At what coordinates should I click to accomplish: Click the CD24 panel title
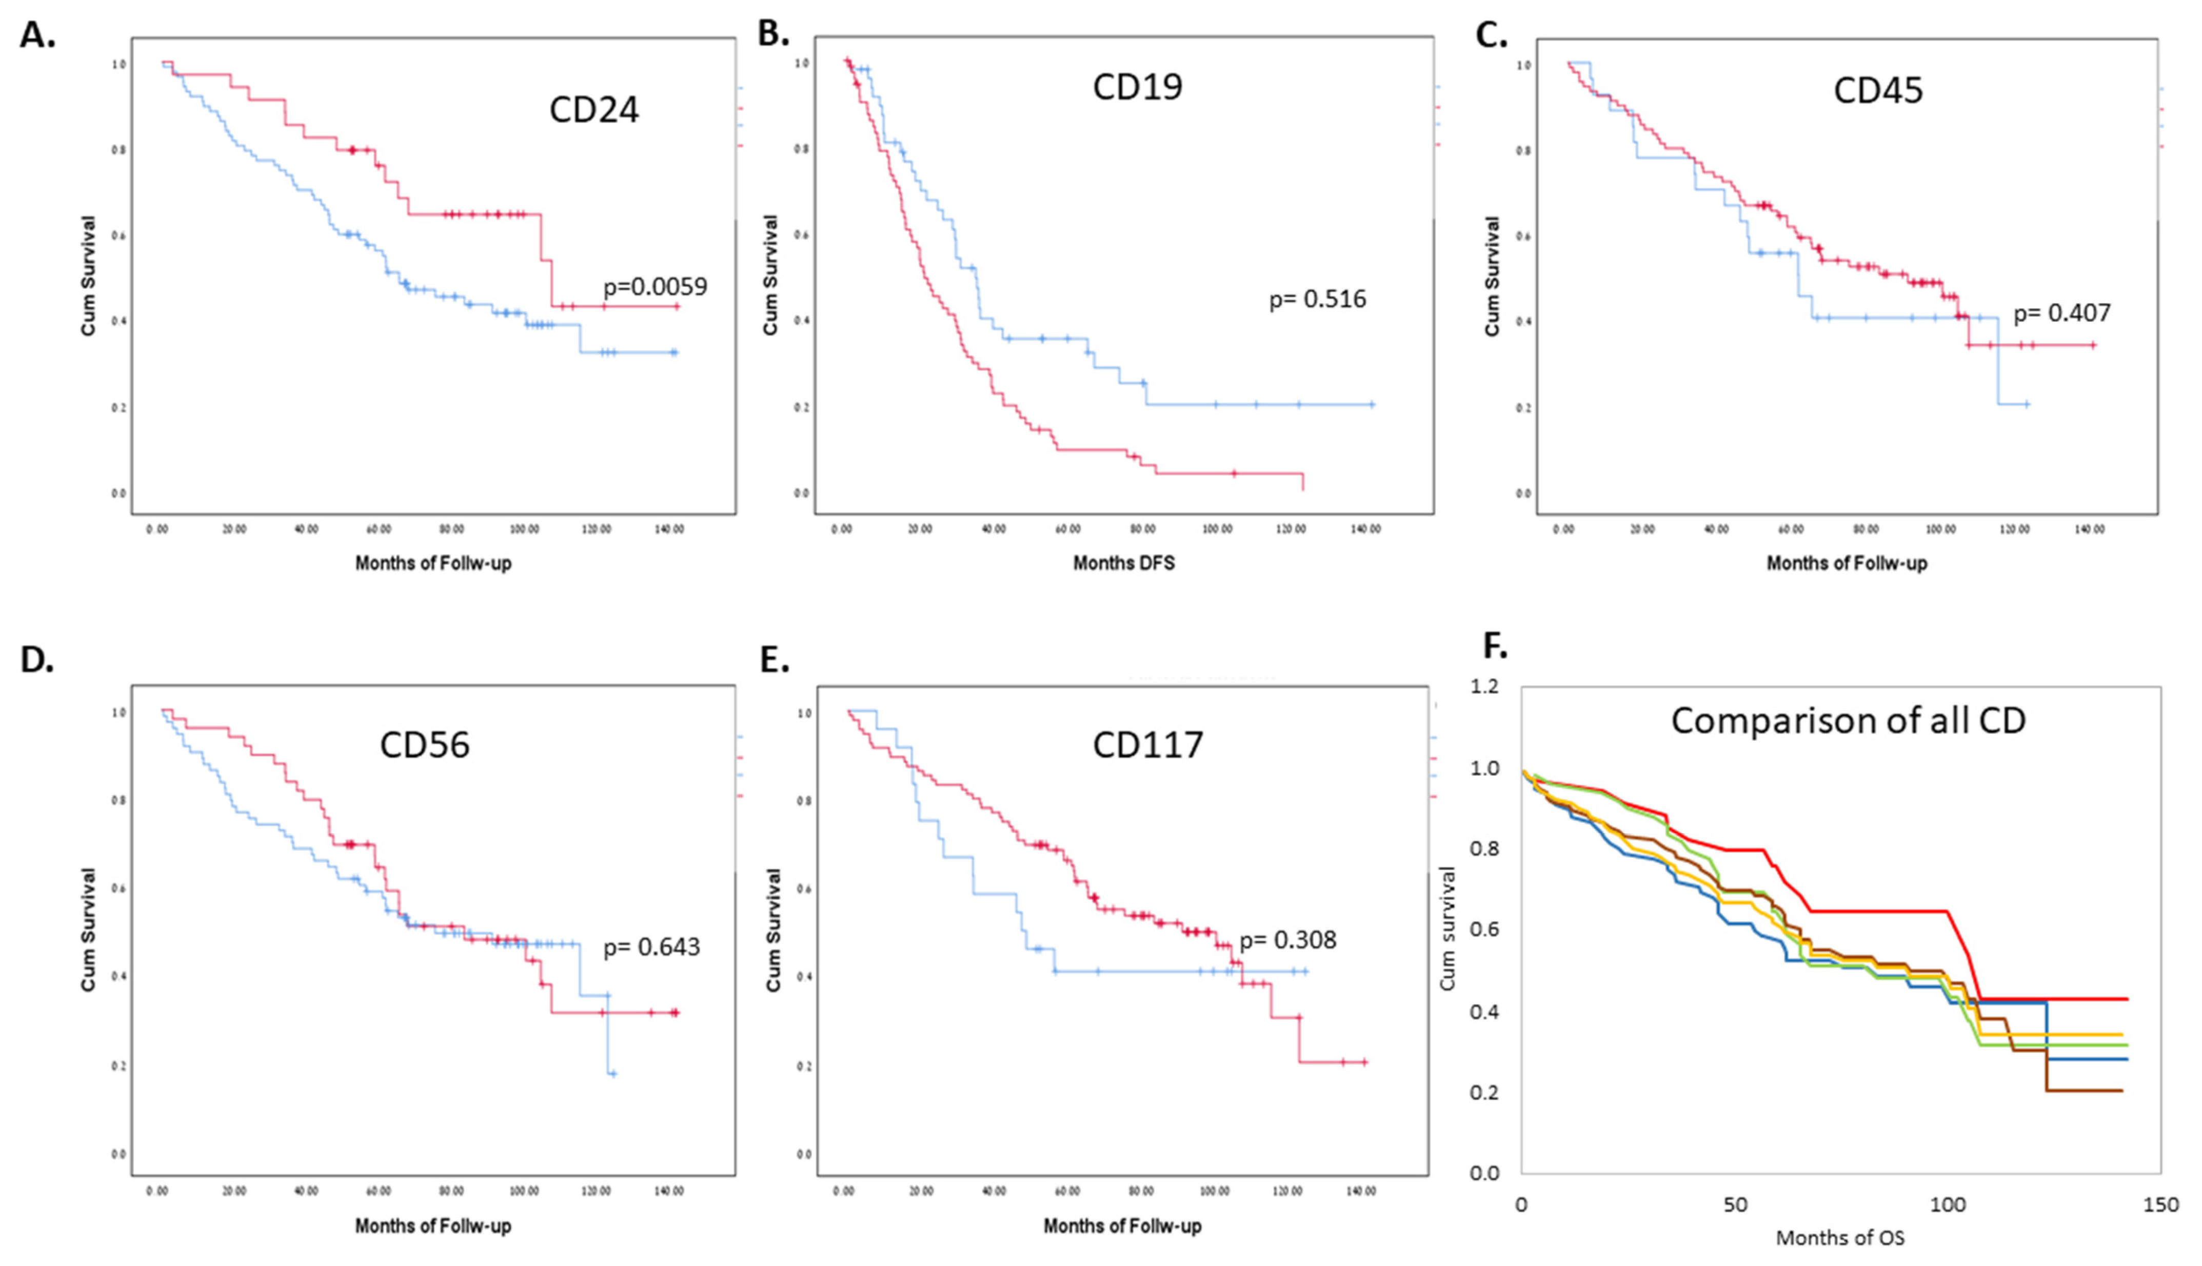[594, 110]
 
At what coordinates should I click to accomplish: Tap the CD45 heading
[1878, 90]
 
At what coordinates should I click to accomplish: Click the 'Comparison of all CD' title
[1848, 721]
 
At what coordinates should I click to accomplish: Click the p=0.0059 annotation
[656, 287]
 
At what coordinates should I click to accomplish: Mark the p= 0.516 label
[1317, 299]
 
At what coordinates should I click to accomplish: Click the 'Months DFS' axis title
[1123, 563]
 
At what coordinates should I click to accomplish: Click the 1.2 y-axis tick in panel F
[1485, 687]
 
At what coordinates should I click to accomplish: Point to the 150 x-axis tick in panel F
[2161, 1205]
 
